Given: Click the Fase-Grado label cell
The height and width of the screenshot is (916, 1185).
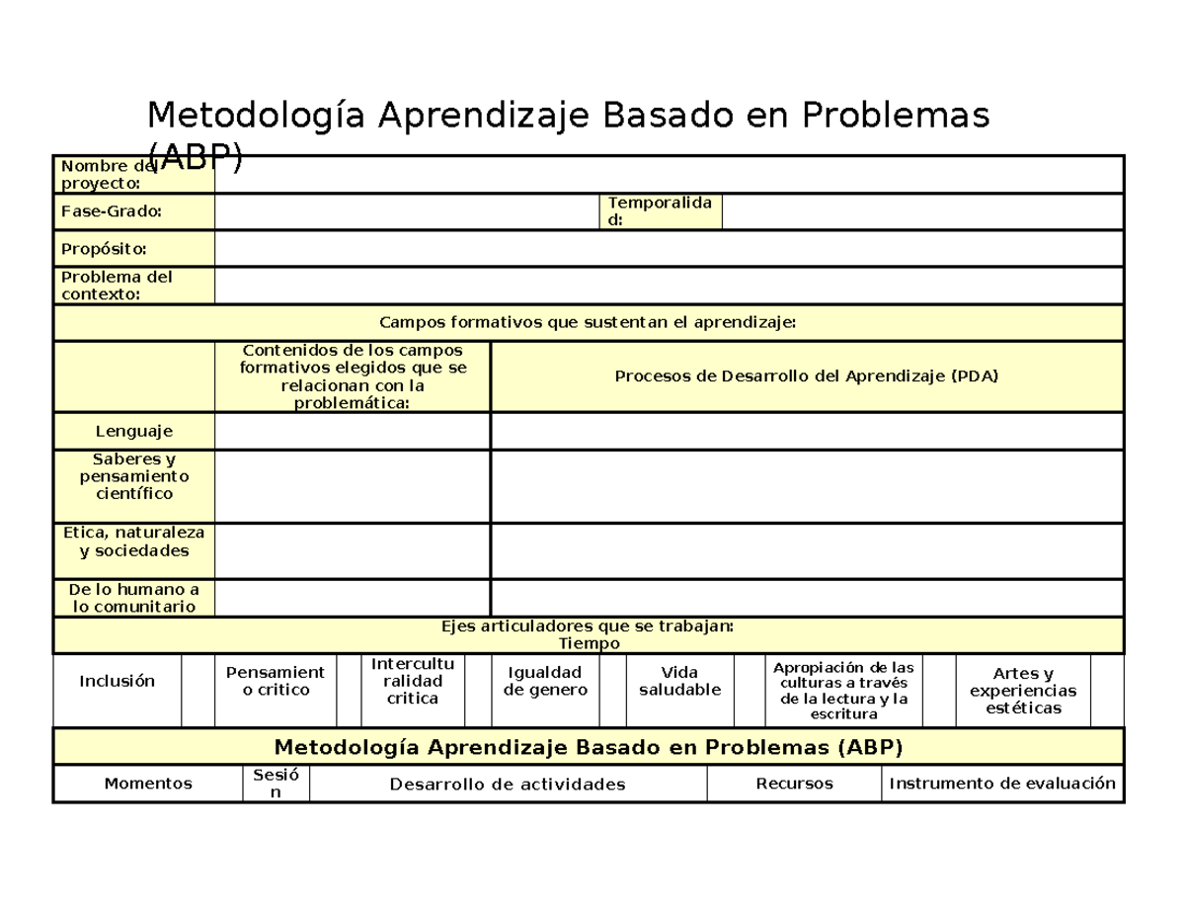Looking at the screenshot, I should coord(133,211).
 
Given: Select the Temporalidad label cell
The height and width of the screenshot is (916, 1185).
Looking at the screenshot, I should coord(661,211).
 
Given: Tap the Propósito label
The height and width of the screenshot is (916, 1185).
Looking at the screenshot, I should coord(133,248).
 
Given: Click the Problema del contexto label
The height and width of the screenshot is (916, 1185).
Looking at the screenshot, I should coord(133,286).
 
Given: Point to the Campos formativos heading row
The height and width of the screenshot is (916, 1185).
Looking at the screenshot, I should coord(588,323).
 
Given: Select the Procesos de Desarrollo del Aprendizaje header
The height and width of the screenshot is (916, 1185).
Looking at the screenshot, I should coord(807,376).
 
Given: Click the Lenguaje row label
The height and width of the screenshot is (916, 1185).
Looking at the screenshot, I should coord(133,431).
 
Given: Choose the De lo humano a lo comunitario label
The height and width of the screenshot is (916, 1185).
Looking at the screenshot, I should coord(133,598).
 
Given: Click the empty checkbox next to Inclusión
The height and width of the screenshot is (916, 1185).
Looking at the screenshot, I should coord(197,690).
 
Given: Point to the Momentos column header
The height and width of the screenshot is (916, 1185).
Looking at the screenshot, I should coord(148,784).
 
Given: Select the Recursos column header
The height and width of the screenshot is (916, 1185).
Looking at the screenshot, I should coord(794,784).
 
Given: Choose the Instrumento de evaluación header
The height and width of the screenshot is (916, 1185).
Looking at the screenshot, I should coord(1002,784).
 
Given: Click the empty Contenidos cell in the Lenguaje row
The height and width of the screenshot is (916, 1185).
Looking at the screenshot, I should coord(352,431).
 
